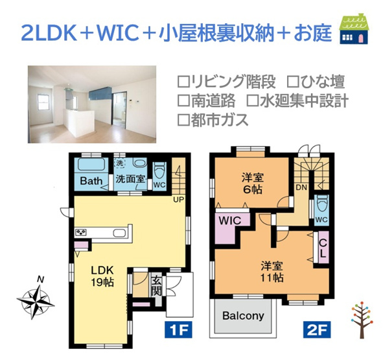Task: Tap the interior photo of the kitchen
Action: pyautogui.click(x=92, y=103)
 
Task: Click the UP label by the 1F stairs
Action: pyautogui.click(x=177, y=199)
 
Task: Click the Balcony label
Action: pyautogui.click(x=244, y=316)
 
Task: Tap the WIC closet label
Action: pyautogui.click(x=229, y=221)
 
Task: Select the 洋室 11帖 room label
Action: pyautogui.click(x=271, y=271)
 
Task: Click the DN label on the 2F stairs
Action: pyautogui.click(x=301, y=187)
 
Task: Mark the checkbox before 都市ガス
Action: pyautogui.click(x=183, y=120)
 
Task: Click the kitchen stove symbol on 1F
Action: pyautogui.click(x=82, y=232)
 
